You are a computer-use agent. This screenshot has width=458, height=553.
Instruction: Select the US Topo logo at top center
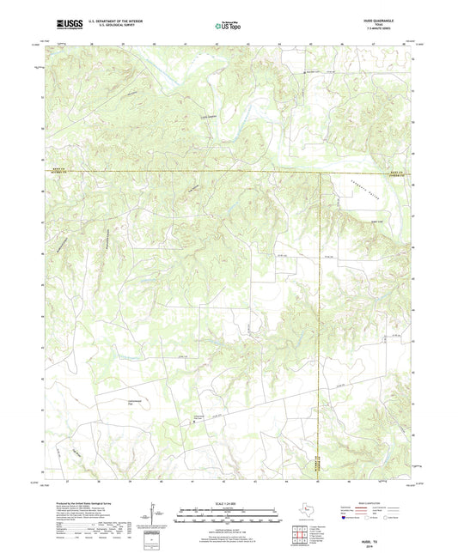coord(228,25)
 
